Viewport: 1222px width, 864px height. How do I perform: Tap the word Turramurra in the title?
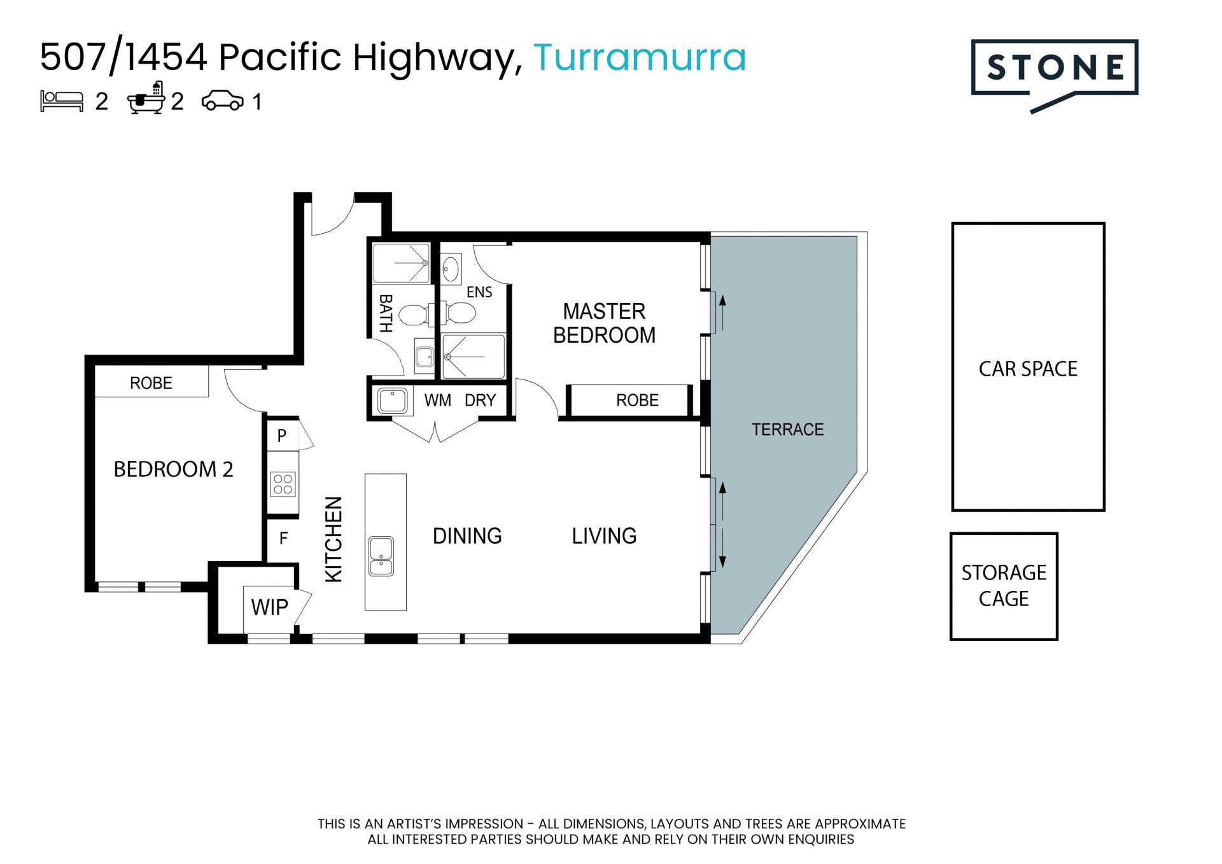[x=640, y=57]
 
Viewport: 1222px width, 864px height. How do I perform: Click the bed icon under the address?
[x=62, y=101]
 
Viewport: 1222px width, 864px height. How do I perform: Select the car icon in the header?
[x=222, y=101]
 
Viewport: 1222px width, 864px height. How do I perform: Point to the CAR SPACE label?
[x=1028, y=369]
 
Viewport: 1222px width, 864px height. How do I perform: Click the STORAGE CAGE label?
[x=1004, y=586]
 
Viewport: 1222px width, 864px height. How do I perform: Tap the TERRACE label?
[x=788, y=430]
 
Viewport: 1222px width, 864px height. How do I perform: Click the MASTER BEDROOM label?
[x=604, y=323]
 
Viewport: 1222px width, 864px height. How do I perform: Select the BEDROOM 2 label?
[x=173, y=469]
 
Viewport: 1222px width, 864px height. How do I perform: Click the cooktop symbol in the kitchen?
[x=283, y=484]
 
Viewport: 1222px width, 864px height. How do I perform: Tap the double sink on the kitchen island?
[x=381, y=556]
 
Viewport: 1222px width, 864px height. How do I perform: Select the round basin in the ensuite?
[x=451, y=269]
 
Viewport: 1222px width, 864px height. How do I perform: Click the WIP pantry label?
[x=269, y=607]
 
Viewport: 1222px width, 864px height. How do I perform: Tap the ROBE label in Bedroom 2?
[x=151, y=383]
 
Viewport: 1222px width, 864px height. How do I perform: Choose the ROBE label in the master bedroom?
[x=637, y=400]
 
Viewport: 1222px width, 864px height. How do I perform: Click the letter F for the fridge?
[x=283, y=539]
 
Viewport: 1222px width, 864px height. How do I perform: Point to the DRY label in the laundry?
[x=480, y=400]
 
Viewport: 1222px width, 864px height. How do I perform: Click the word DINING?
[x=467, y=536]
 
